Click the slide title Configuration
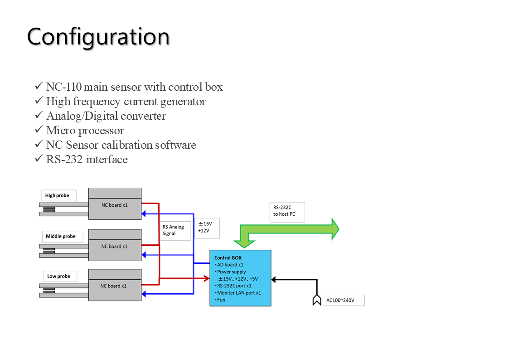(x=98, y=36)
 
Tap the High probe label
(x=58, y=195)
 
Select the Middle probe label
(x=61, y=236)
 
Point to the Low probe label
(x=59, y=276)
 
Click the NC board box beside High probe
(x=115, y=205)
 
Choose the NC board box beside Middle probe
(x=115, y=246)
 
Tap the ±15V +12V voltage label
(x=206, y=227)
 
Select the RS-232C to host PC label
(x=286, y=211)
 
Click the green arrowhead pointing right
(x=335, y=229)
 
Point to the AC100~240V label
(x=343, y=300)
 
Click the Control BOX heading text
(x=228, y=258)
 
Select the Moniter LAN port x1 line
(x=238, y=293)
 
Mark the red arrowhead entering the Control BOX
(x=206, y=278)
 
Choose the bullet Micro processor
(x=85, y=131)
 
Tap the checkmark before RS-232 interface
(x=39, y=159)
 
